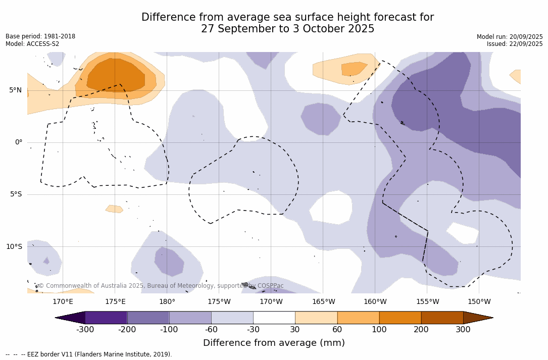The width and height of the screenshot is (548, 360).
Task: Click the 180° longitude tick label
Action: pyautogui.click(x=167, y=302)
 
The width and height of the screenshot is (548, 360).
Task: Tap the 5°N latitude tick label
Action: pyautogui.click(x=15, y=90)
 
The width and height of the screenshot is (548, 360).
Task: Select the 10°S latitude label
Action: pyautogui.click(x=14, y=247)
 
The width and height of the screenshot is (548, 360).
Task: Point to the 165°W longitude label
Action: pyautogui.click(x=323, y=302)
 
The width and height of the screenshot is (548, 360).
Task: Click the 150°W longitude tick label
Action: pyautogui.click(x=479, y=302)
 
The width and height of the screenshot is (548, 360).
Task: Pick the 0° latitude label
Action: pyautogui.click(x=19, y=142)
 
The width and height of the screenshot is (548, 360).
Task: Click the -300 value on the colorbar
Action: pyautogui.click(x=85, y=330)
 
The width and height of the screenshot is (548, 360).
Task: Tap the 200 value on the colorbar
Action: pyautogui.click(x=421, y=330)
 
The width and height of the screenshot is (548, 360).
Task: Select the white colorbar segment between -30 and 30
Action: pyautogui.click(x=274, y=318)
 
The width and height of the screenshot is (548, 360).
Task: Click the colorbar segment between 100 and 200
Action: pyautogui.click(x=400, y=318)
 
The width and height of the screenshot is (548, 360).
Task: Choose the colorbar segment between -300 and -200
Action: pyautogui.click(x=106, y=318)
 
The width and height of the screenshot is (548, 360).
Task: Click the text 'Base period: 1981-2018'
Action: pyautogui.click(x=40, y=36)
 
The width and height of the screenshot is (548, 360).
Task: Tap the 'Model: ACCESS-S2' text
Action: pyautogui.click(x=32, y=44)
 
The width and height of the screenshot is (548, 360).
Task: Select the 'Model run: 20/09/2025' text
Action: pyautogui.click(x=510, y=37)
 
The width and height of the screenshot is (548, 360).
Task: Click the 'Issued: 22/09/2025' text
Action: pyautogui.click(x=515, y=44)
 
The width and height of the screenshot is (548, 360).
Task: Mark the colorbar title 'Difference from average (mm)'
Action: pyautogui.click(x=274, y=343)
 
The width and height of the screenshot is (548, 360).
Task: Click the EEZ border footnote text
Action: pyautogui.click(x=88, y=354)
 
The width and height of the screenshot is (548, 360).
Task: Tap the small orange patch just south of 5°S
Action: pyautogui.click(x=114, y=209)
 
